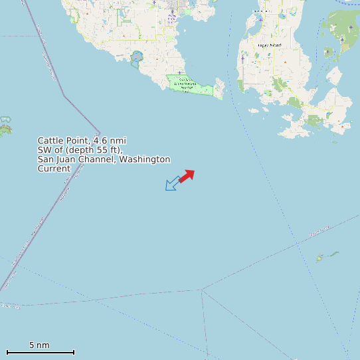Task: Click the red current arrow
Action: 187,175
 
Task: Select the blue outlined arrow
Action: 172,183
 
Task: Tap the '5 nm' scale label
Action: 39,345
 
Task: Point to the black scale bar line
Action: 40,352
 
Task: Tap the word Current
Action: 54,169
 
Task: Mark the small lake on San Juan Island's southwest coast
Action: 137,56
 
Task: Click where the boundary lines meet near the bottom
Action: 202,290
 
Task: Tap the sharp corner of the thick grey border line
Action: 100,132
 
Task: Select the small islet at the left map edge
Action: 5,126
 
